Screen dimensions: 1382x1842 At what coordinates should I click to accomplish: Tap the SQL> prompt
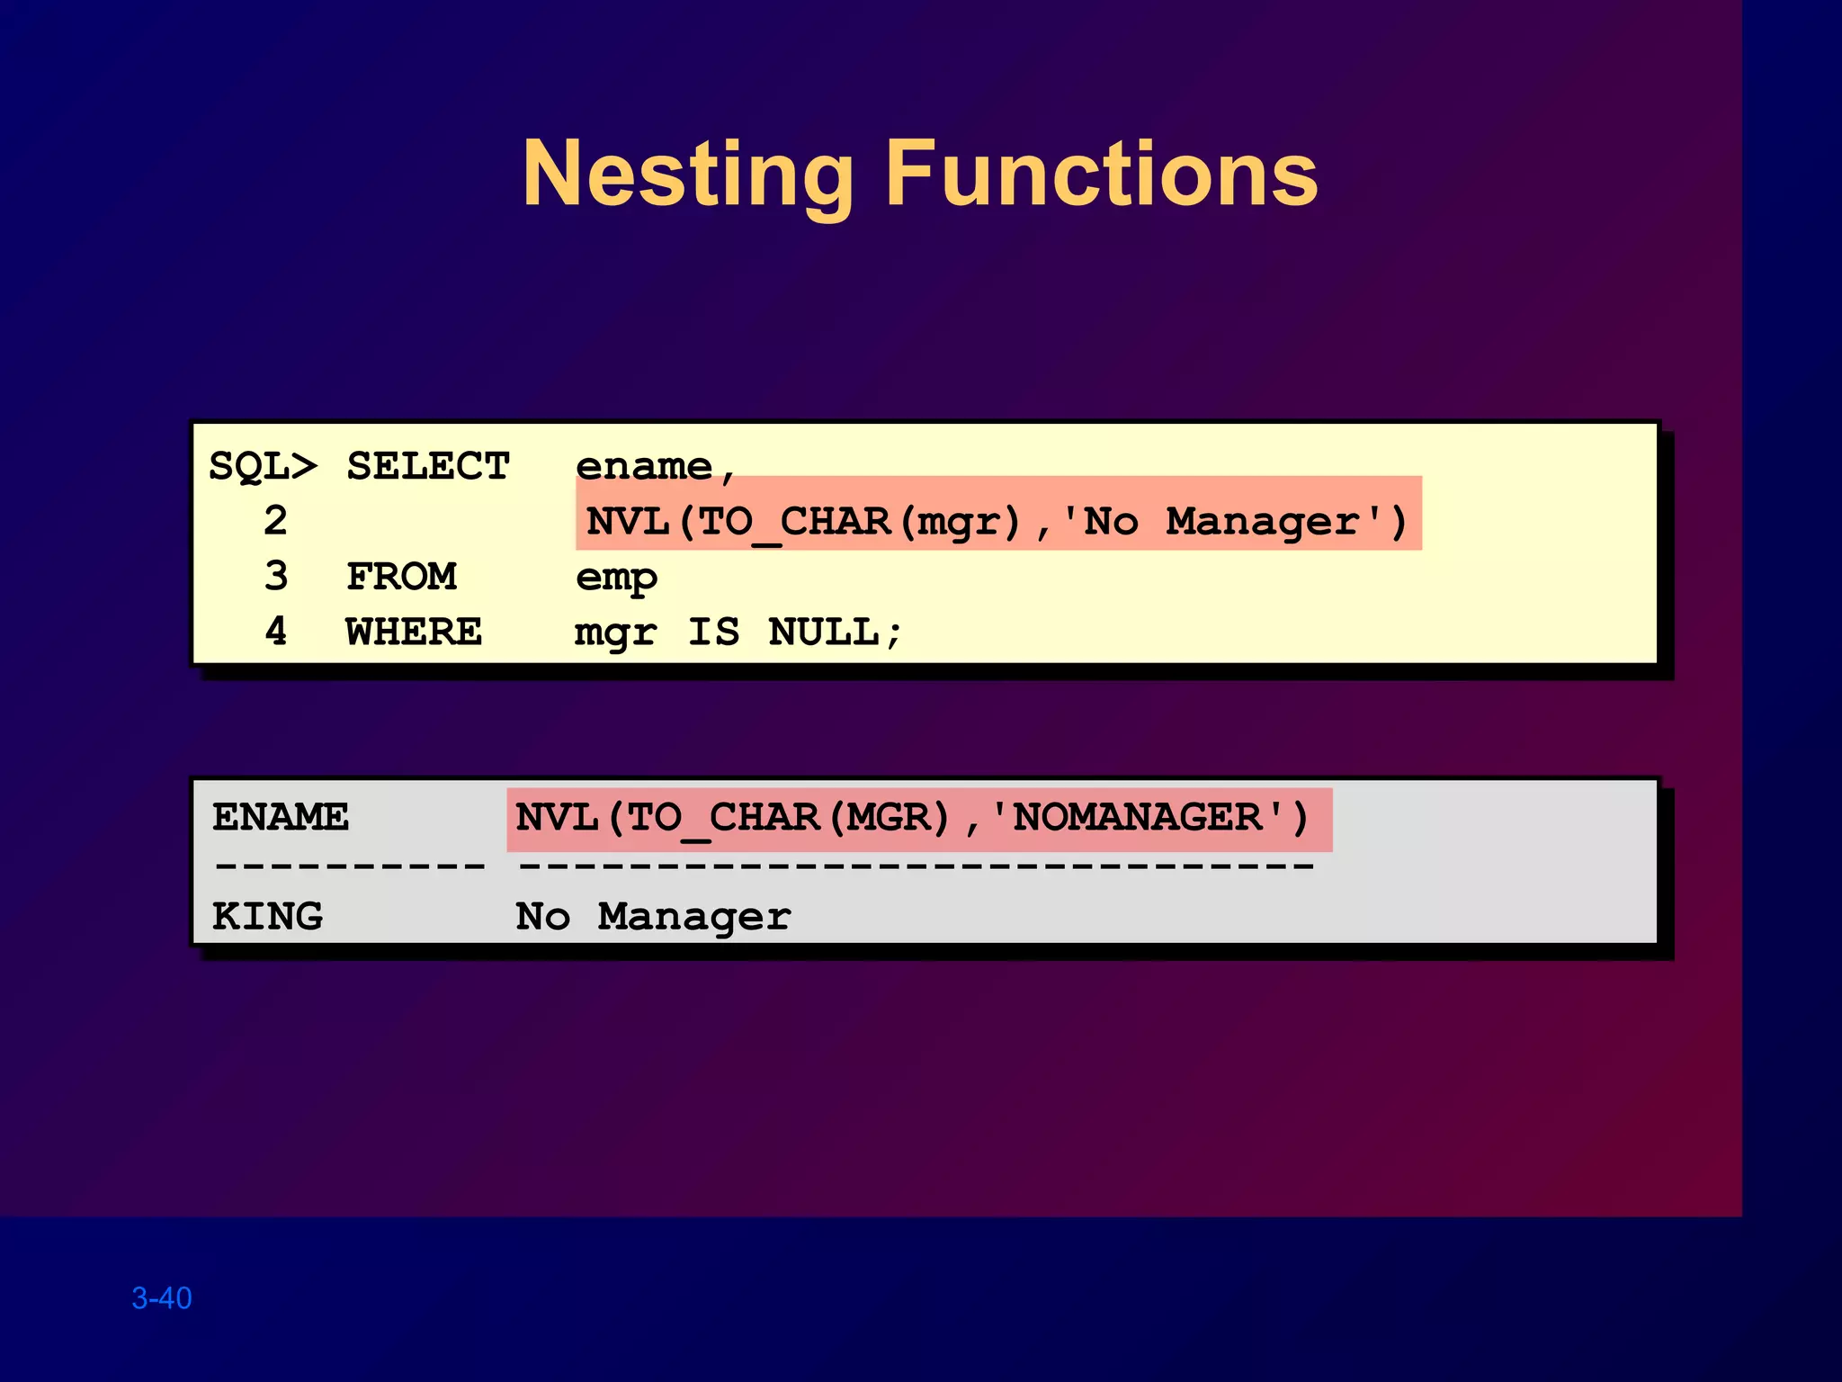(x=263, y=467)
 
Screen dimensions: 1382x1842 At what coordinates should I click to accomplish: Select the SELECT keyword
(x=428, y=467)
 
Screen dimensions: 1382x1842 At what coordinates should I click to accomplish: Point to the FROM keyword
(x=402, y=577)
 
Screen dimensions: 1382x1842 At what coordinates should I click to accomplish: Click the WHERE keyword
(x=414, y=633)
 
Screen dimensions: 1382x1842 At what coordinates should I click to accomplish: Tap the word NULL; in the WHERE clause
(x=835, y=633)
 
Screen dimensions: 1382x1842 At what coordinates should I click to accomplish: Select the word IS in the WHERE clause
(x=713, y=633)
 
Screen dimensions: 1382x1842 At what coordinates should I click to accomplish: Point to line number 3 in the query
(x=276, y=577)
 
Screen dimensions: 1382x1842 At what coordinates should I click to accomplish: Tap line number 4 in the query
(x=276, y=633)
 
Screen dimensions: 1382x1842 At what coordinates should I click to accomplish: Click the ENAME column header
(x=281, y=818)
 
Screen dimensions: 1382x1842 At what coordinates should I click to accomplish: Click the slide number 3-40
(x=162, y=1298)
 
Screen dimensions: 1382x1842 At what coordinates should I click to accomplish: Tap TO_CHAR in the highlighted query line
(x=794, y=523)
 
